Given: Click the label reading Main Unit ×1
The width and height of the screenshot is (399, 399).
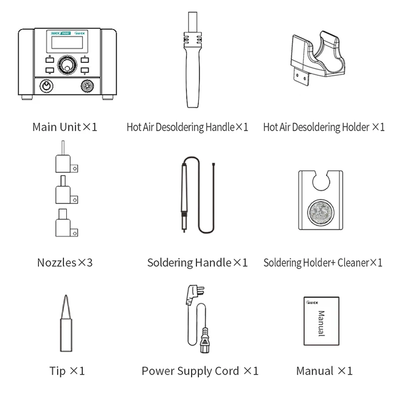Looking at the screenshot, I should coord(64,127).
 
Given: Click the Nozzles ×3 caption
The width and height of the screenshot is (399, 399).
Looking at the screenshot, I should coord(65,262).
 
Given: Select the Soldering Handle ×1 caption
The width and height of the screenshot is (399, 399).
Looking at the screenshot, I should coord(197,262).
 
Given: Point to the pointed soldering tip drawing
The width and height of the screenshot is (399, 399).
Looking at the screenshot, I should coord(65,324).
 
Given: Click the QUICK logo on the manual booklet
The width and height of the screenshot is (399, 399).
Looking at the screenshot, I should coord(312,302).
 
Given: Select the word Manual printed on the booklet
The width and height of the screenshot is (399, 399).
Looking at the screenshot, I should coord(321,323).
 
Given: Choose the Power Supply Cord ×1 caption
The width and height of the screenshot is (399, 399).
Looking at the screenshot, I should coord(200,371).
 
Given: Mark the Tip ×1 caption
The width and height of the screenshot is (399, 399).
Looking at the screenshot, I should coord(67,371).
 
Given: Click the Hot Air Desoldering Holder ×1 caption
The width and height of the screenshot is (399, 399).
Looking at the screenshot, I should coord(324,127).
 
